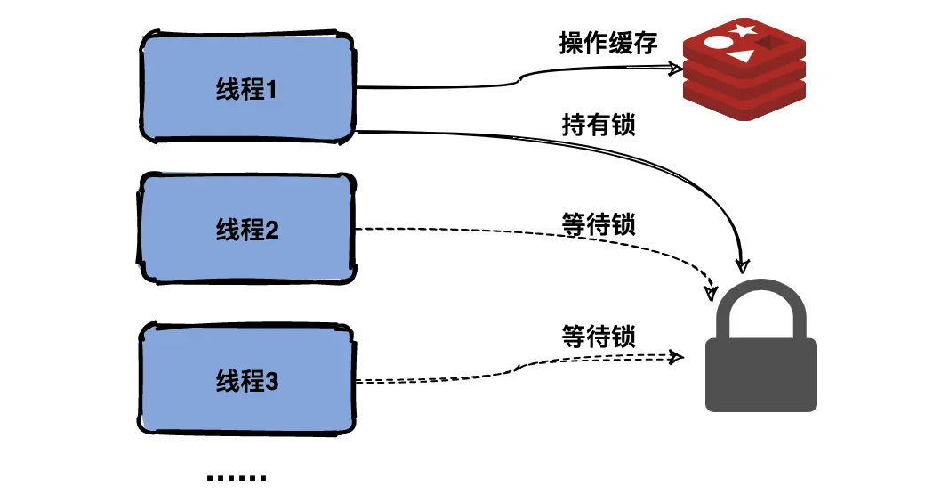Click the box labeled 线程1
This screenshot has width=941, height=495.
point(247,88)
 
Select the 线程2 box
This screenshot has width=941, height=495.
point(247,230)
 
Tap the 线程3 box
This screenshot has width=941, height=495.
point(247,382)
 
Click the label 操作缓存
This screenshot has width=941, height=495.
point(608,43)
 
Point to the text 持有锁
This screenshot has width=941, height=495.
point(599,125)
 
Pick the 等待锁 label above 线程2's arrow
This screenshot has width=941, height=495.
point(599,224)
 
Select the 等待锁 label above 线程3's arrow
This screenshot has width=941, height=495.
point(598,337)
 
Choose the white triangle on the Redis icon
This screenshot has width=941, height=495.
point(739,56)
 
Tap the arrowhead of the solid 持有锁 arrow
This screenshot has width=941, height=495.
point(742,265)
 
